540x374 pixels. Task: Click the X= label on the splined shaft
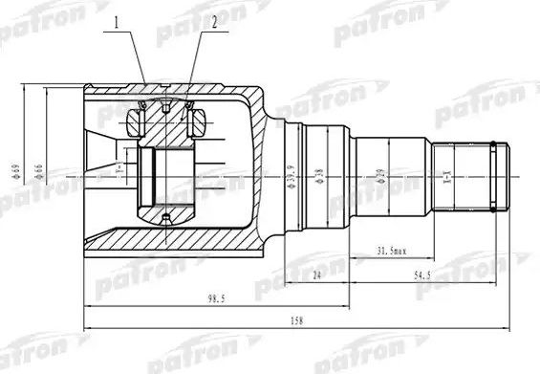pyautogui.click(x=444, y=176)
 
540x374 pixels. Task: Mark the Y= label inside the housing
pyautogui.click(x=119, y=172)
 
